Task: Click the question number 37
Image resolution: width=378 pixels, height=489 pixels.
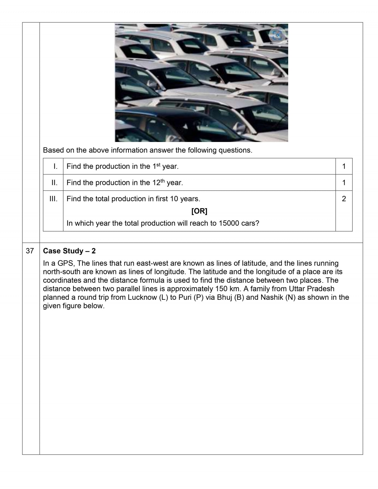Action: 30,251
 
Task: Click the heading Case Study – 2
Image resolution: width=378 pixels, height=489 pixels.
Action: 69,251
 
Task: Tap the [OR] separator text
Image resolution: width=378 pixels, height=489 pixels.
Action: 199,211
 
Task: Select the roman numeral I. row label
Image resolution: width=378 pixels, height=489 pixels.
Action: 55,166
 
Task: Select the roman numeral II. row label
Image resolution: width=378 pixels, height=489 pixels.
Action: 54,183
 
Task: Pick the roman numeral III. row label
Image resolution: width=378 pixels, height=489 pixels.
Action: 54,199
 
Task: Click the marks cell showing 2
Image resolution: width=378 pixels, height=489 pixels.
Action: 344,199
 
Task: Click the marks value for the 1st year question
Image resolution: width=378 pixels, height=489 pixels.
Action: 344,166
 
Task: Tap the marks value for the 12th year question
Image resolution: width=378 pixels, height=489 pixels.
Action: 344,183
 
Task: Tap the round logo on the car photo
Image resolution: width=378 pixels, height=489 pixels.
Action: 277,35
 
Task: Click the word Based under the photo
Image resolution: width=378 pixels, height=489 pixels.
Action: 53,150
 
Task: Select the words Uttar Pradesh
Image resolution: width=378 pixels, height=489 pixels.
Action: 312,289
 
